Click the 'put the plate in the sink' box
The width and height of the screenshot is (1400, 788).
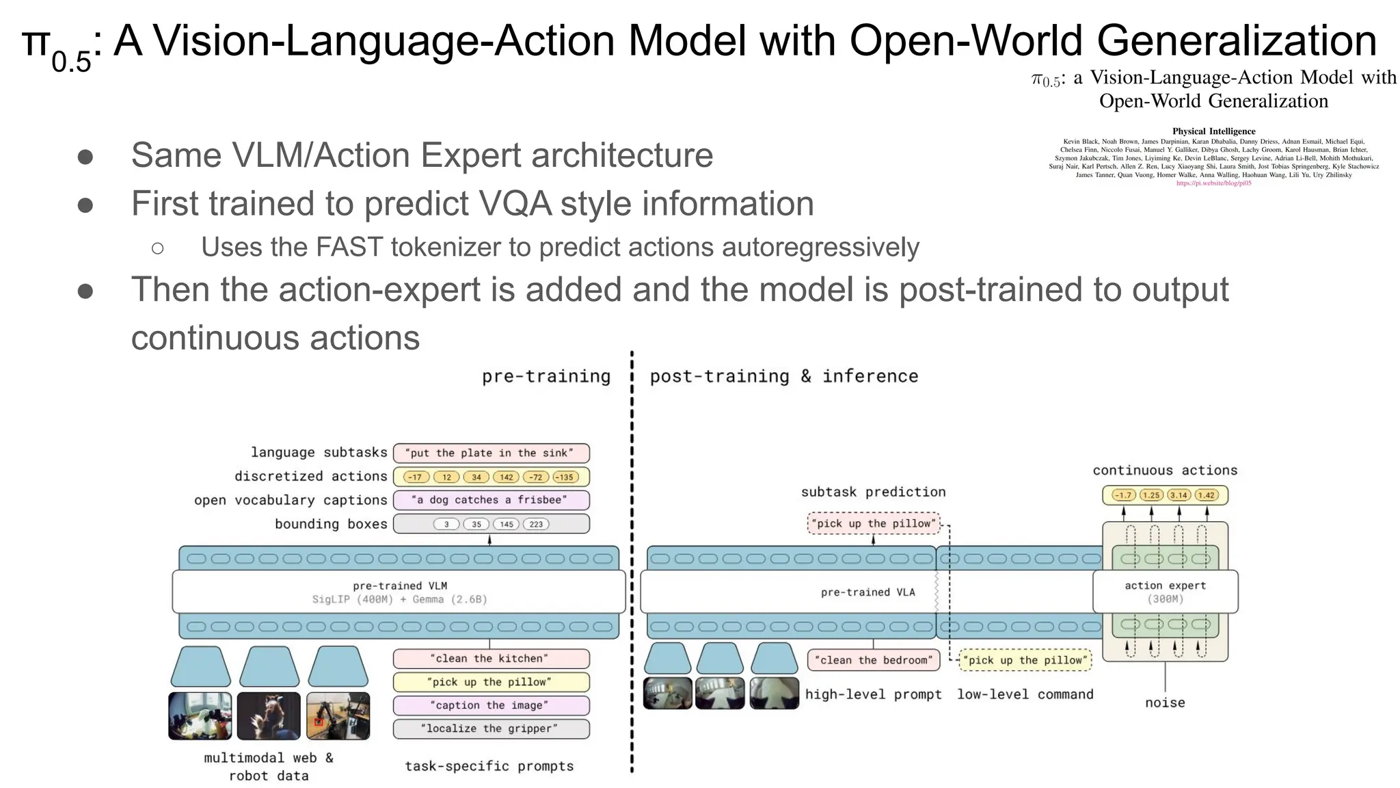[x=491, y=453]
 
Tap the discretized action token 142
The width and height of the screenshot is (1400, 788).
[x=506, y=477]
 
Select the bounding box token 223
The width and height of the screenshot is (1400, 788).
[x=536, y=524]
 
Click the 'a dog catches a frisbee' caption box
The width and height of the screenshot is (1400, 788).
[x=491, y=500]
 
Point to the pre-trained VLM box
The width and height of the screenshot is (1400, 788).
[x=399, y=592]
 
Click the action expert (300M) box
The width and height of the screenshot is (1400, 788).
[x=1165, y=592]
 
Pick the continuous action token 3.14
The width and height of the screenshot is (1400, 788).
[x=1179, y=495]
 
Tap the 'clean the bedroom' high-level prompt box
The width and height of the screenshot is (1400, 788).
[x=873, y=660]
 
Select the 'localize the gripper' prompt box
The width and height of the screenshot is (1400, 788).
[x=491, y=728]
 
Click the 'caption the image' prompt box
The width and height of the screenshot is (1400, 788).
[x=491, y=705]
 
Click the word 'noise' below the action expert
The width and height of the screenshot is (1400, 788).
[x=1165, y=702]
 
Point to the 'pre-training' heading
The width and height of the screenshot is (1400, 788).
[x=546, y=376]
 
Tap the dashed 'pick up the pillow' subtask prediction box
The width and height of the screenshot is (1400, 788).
[x=873, y=523]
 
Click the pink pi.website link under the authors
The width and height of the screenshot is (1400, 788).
[x=1213, y=183]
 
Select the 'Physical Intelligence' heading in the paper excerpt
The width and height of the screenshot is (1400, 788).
[x=1213, y=131]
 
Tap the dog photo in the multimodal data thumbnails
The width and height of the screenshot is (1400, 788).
[x=269, y=715]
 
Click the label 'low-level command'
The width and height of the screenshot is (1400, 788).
[x=1025, y=694]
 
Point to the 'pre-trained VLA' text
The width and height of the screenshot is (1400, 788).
[x=867, y=592]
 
